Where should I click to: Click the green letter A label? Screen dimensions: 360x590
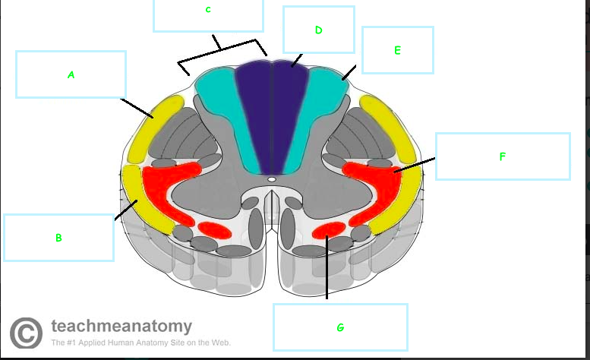[71, 75]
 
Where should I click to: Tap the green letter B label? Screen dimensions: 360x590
[58, 238]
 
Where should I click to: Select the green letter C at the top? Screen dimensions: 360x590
[208, 10]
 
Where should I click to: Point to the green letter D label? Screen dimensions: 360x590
[318, 30]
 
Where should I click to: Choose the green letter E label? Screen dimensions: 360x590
[397, 51]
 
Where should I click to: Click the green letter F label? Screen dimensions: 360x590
[502, 157]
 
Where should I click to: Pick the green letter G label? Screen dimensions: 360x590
[339, 327]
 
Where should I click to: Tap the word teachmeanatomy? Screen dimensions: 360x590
[121, 327]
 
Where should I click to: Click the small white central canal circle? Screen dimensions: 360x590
[271, 180]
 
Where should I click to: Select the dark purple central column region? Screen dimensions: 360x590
[271, 114]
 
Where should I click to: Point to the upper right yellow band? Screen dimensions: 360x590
[392, 133]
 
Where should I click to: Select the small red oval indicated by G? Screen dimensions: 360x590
[330, 229]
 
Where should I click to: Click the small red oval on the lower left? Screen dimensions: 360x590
[214, 229]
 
